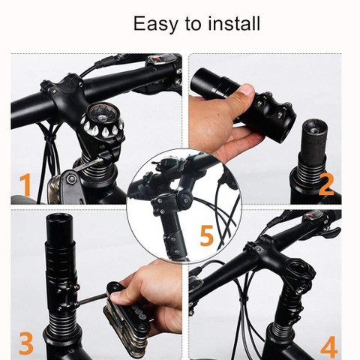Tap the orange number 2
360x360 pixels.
click(325, 184)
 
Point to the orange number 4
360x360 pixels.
click(328, 346)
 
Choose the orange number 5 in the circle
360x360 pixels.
click(207, 235)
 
